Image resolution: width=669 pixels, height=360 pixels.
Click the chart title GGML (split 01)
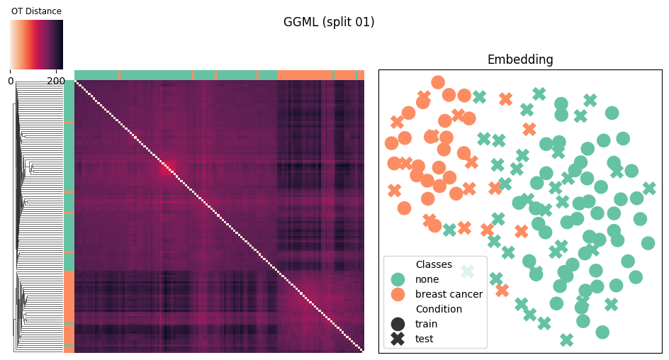329,22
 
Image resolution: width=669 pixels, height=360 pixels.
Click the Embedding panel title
520,60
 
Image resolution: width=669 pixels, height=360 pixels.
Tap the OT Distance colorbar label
36,11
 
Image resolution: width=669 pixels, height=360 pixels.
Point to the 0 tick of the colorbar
11,81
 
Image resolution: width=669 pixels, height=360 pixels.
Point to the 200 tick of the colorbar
56,81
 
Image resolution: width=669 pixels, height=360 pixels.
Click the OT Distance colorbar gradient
37,45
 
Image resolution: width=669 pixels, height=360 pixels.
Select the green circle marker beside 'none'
398,279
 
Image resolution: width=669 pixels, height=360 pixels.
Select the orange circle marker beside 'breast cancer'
398,294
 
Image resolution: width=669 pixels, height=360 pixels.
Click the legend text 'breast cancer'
449,294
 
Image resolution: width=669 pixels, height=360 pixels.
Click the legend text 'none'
427,279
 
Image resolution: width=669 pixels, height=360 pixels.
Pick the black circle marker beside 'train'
398,324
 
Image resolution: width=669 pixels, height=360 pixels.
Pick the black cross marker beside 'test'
398,339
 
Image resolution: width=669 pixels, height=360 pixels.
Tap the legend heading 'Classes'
434,264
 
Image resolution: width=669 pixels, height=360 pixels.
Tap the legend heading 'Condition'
439,309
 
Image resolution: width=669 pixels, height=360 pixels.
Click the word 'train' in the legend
426,324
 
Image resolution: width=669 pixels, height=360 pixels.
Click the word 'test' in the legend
424,339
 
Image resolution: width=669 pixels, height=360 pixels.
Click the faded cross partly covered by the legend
468,271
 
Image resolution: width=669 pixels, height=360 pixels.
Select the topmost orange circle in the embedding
438,82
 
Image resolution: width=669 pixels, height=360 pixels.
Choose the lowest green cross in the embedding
567,340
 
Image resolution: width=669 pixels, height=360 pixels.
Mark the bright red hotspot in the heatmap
168,167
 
